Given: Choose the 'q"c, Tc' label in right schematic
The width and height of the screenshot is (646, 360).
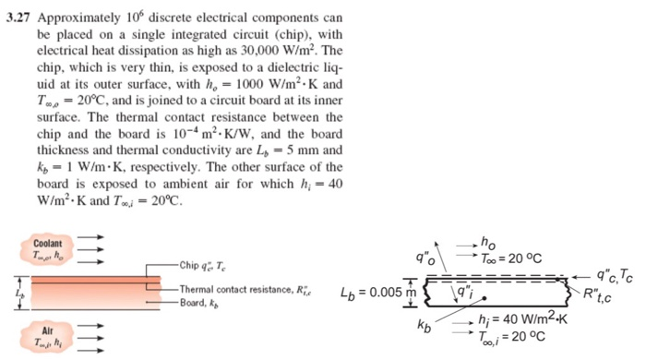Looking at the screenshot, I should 614,275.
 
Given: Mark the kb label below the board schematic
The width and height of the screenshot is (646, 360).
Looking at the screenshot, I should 424,327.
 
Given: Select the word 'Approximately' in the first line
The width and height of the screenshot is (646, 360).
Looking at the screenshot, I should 76,16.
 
